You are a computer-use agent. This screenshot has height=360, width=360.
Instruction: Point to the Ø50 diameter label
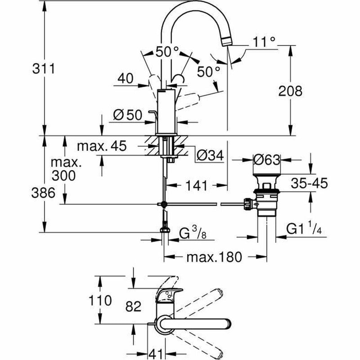point(127,116)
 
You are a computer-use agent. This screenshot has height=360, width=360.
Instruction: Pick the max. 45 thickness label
point(102,146)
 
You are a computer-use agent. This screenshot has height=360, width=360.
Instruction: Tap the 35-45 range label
point(309,183)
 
